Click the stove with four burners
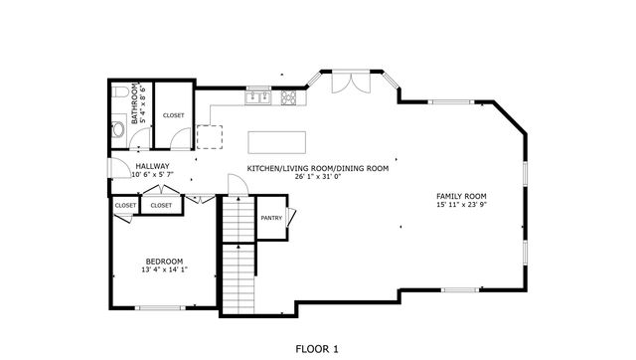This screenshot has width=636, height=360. (288, 97)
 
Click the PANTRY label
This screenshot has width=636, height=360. (271, 218)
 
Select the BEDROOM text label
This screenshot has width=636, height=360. (163, 261)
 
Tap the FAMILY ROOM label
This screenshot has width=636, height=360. (461, 197)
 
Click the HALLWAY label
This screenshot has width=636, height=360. (152, 166)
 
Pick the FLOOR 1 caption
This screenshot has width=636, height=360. (318, 348)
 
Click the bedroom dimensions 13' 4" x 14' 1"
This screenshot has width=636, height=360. (164, 270)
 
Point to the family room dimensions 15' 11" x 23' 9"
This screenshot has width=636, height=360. (461, 206)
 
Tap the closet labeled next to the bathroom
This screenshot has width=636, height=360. (174, 115)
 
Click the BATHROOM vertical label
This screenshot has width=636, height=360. (135, 101)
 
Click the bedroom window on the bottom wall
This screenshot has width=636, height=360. (162, 307)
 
